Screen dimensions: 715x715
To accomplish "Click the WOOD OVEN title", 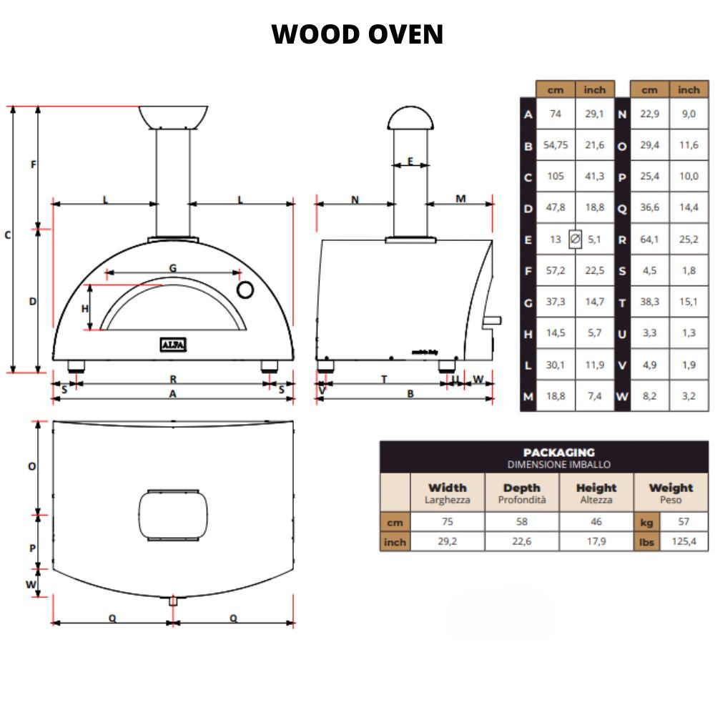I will [x=357, y=34].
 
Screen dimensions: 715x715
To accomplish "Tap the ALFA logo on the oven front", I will [x=173, y=345].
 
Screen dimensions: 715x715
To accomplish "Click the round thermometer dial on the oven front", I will [x=245, y=290].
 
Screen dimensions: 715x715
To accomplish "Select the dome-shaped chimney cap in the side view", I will [x=410, y=118].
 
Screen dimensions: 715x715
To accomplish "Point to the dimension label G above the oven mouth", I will [x=173, y=267].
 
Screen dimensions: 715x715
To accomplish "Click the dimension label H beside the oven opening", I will [x=84, y=309].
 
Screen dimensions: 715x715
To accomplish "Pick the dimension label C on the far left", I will [x=8, y=235].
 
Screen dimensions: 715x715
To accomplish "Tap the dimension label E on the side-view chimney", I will [x=410, y=161].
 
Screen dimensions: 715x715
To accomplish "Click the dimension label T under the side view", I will [x=384, y=380].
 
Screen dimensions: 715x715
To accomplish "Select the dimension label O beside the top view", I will [x=32, y=466].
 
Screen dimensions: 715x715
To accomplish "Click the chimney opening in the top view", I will [x=174, y=516].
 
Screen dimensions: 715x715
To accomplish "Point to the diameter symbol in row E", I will [x=575, y=240].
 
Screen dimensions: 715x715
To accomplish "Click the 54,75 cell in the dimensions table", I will [x=556, y=145].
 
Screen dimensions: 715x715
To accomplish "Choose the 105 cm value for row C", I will [x=556, y=177].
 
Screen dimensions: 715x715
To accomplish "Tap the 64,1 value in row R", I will [x=649, y=240].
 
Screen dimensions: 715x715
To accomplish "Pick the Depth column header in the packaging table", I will [x=521, y=493].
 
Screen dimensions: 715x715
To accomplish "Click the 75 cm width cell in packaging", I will [x=447, y=523].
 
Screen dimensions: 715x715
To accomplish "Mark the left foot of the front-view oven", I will [x=76, y=367].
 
